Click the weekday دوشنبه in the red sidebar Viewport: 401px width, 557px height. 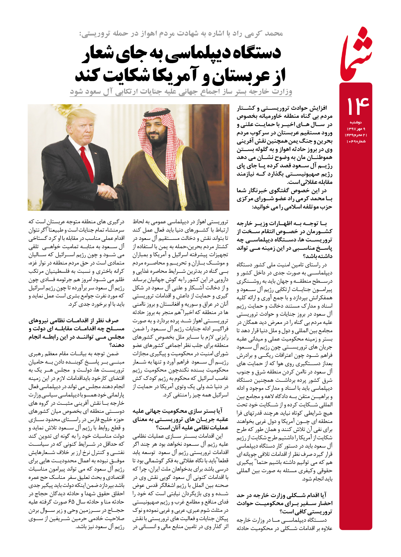(x=356, y=122)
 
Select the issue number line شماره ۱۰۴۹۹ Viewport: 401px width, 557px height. (x=356, y=141)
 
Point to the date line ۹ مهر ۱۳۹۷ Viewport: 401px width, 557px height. (x=356, y=129)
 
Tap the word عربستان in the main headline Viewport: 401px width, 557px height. (x=241, y=75)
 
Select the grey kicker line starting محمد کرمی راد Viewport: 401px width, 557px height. (x=181, y=34)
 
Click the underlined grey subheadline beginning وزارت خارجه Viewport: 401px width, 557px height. (x=181, y=92)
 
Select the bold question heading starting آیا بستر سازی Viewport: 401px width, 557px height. (x=180, y=419)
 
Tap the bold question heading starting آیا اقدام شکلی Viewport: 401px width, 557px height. (x=284, y=503)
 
